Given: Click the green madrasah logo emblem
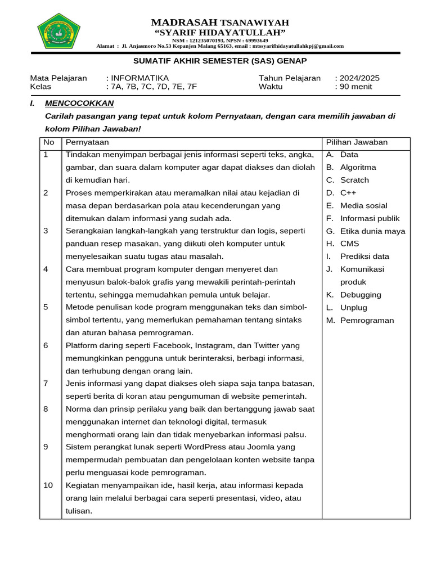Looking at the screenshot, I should coord(58,30).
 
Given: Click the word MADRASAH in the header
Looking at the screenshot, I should coord(184,22).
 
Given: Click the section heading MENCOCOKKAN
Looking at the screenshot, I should coord(79,103).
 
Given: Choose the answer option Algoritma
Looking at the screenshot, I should coord(358,167).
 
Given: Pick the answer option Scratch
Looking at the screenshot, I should coord(354,180).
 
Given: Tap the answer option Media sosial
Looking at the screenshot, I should coord(363,205).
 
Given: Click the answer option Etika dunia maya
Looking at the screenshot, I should coord(372,231).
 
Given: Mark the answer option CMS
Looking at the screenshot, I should coord(349,244).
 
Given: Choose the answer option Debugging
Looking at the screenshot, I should coord(361,295).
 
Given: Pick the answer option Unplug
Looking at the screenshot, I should coord(353,308).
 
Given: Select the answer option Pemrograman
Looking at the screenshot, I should coord(367,321).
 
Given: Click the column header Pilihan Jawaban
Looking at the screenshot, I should coord(357,142).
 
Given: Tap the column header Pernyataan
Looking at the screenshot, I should coord(87,142).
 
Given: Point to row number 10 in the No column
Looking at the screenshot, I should coord(48,485).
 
